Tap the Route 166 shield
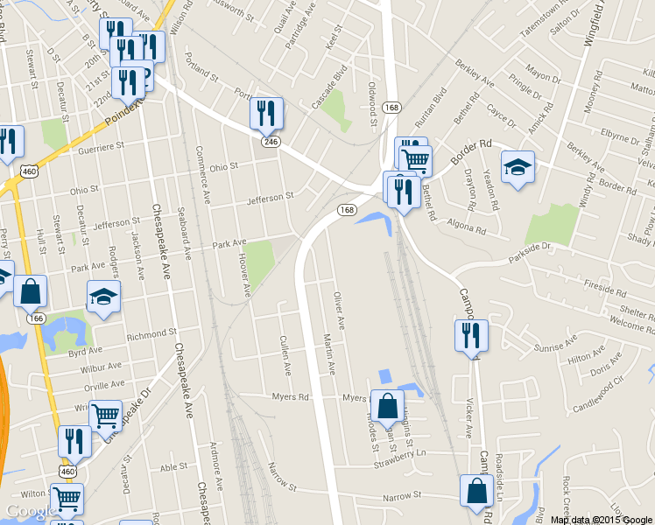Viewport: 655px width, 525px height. point(37,319)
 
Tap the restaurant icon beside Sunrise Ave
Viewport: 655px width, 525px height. point(471,335)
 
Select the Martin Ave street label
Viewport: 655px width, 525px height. point(329,354)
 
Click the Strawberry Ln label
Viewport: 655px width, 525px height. point(398,453)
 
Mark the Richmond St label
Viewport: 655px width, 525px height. point(151,334)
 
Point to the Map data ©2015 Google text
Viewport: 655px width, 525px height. point(602,519)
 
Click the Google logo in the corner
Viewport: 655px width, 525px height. point(31,512)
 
